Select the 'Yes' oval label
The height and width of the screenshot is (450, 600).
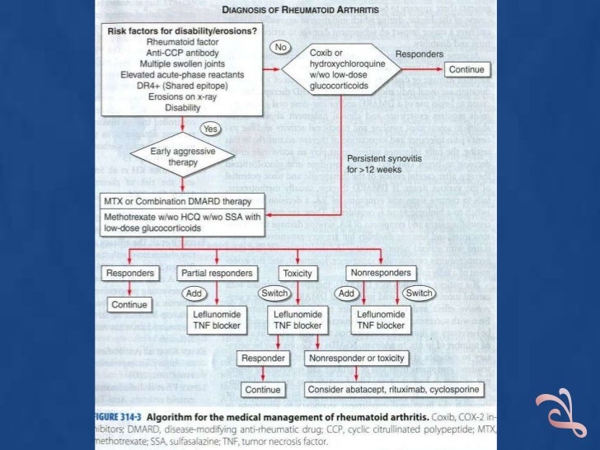pos(209,129)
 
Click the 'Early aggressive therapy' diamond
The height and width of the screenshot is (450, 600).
pos(174,157)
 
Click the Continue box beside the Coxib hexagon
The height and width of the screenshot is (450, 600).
pos(465,70)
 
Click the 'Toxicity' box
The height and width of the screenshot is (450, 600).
pos(296,273)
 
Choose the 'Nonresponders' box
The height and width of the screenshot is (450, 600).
pos(380,273)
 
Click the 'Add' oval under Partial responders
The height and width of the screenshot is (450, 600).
pos(192,293)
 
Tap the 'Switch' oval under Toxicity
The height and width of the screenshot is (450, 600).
pos(274,293)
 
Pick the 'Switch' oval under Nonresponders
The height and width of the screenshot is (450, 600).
pos(419,293)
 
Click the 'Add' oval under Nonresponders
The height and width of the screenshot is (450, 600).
pos(345,293)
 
